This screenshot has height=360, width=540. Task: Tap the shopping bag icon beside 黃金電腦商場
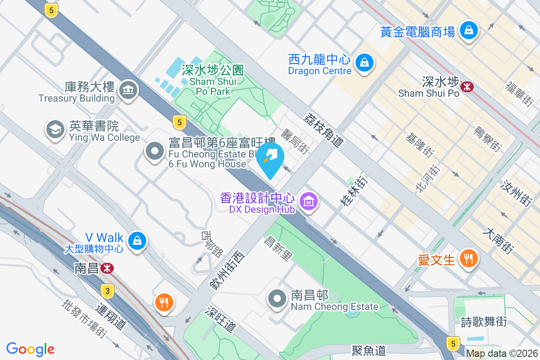pos(469,30)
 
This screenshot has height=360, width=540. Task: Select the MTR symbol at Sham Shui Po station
pos(467,86)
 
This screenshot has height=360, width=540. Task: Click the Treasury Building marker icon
pos(128,90)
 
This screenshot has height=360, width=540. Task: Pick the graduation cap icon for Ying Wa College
pos(55,130)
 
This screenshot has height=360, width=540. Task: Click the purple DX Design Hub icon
pos(309,201)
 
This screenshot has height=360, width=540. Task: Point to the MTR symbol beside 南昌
pos(107,268)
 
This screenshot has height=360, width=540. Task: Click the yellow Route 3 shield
pos(107,291)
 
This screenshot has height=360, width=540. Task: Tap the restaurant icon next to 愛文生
pos(468,258)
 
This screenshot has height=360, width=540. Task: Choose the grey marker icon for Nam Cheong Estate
pos(277,298)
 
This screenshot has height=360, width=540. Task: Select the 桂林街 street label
pos(353,191)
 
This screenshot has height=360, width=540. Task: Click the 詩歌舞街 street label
pos(484,322)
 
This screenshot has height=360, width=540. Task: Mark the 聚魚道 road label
pos(369,350)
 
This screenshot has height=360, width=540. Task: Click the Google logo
pos(30,349)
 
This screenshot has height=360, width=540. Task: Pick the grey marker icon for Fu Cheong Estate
pos(156,151)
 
